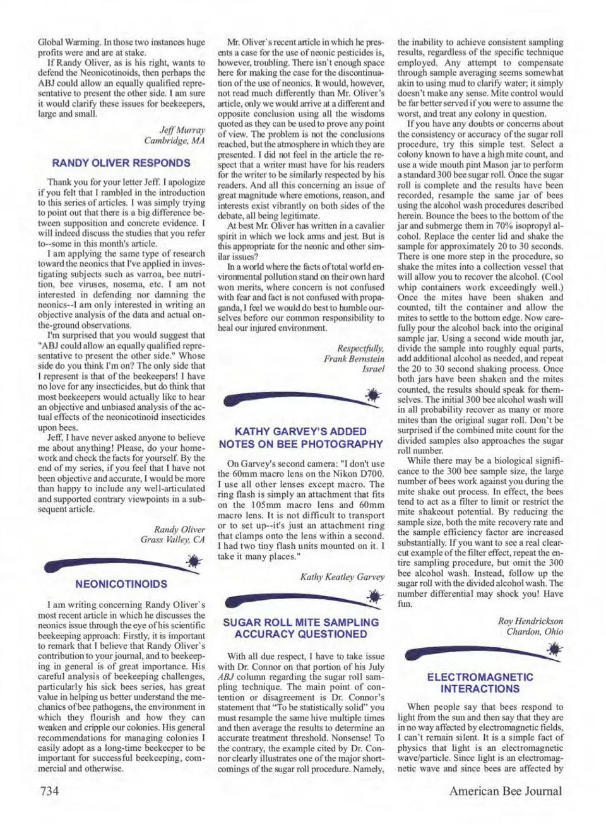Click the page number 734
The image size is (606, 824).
point(50,791)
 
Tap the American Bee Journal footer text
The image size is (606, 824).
point(505,791)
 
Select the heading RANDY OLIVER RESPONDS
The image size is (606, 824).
point(121,163)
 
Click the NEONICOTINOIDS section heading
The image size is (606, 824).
point(121,584)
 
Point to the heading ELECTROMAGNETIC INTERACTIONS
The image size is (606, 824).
point(480,683)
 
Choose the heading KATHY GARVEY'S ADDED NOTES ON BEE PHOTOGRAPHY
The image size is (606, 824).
point(300,438)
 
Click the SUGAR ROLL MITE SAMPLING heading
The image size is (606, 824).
point(300,622)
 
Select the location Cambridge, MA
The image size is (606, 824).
point(174,140)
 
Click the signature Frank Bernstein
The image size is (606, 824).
point(353,359)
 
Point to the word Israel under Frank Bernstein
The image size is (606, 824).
point(373,369)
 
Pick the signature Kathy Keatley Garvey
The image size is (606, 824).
point(342,576)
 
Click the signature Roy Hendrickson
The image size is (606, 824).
point(530,621)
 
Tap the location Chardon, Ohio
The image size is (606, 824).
point(535,631)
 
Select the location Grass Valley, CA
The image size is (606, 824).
point(172,540)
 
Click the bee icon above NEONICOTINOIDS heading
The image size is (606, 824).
point(194,561)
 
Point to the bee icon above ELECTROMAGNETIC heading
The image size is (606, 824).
point(554,648)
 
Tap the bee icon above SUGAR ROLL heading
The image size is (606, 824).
point(374,596)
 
